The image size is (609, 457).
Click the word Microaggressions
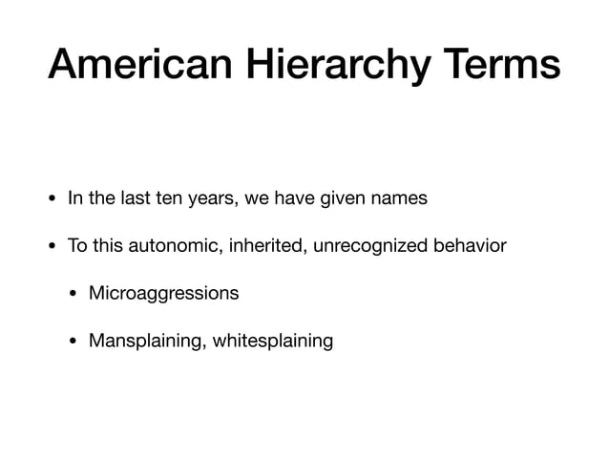pos(163,293)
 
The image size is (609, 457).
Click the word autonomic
pos(163,247)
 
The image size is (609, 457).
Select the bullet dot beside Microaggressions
pos(73,293)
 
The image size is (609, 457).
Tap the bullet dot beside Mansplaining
pos(73,340)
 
